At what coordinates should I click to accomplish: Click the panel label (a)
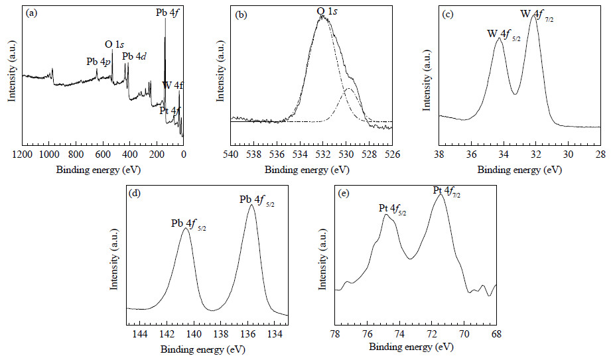pos(31,13)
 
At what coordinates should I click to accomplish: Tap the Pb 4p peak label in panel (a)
pos(98,62)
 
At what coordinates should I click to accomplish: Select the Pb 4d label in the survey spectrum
pos(135,56)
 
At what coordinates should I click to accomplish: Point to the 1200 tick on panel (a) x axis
pos(22,154)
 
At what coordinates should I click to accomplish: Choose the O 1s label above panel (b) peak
pos(327,11)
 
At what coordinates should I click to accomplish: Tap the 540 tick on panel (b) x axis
pos(230,154)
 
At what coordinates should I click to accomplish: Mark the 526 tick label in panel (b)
pos(392,154)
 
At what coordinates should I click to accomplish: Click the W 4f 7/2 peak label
pos(537,15)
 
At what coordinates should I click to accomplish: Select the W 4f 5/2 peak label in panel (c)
pos(504,35)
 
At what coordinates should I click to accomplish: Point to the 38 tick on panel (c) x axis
pos(439,154)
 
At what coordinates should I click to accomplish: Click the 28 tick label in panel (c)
pos(600,154)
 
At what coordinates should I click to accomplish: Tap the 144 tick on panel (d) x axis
pos(140,334)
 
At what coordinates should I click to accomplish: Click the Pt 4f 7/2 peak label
pos(446,192)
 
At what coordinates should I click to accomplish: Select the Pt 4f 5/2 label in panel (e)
pos(392,210)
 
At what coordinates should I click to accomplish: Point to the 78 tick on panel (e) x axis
pos(334,334)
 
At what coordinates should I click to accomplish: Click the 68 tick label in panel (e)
pos(496,334)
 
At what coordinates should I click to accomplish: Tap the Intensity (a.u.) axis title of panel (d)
pos(113,260)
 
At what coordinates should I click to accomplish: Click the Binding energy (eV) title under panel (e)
pos(411,347)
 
